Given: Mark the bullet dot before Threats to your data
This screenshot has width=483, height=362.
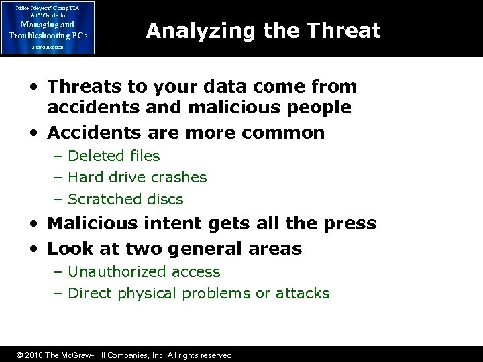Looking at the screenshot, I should (x=32, y=87).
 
